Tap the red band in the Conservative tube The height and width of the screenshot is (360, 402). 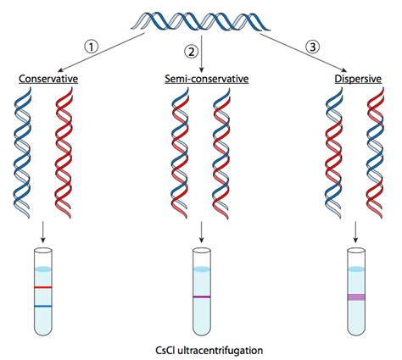click(44, 288)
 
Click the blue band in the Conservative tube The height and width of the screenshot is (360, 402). click(44, 306)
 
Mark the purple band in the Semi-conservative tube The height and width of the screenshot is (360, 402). click(201, 297)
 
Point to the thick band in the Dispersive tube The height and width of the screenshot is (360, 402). click(357, 296)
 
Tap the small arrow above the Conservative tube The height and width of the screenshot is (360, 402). click(44, 230)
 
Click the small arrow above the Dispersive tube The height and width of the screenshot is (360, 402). click(357, 230)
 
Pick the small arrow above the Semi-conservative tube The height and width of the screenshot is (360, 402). click(201, 230)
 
